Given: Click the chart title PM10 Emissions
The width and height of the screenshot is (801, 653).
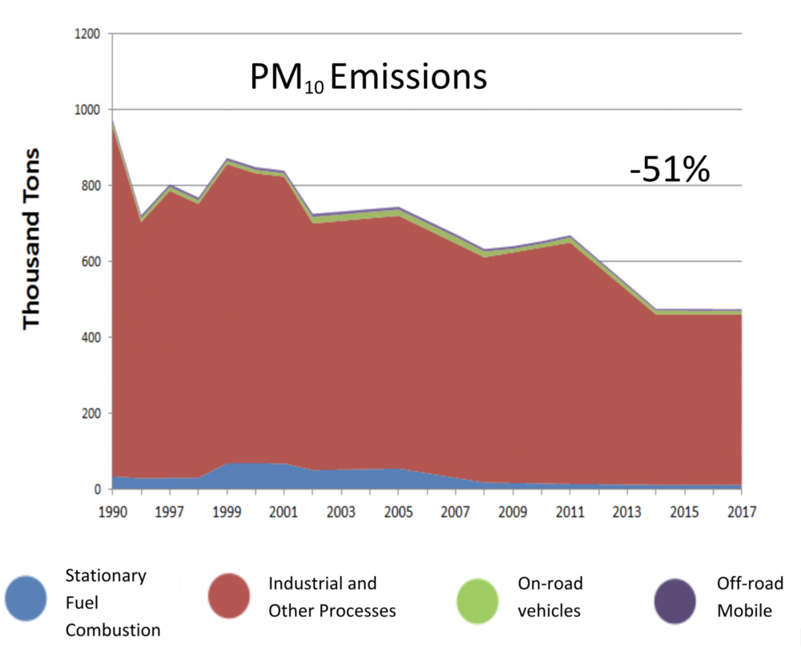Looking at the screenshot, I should [x=368, y=79].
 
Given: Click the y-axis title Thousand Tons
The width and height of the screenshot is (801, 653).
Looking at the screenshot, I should [x=31, y=238].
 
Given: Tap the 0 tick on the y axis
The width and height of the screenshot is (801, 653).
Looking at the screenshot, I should [x=96, y=490].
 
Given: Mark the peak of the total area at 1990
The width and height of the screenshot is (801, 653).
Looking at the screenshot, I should [x=112, y=121].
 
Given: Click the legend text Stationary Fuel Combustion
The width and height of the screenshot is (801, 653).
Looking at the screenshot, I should [x=112, y=603].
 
